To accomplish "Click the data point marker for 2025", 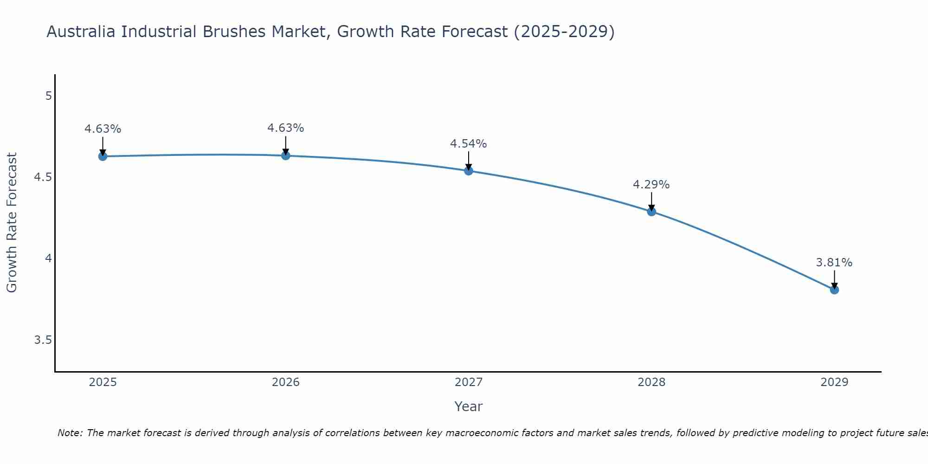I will [x=103, y=156].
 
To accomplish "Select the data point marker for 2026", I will [x=286, y=155].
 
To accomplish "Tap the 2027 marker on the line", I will [x=469, y=171].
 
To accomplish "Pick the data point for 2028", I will [x=651, y=212].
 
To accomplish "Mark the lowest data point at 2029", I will [x=834, y=290].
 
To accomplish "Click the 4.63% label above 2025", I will [x=103, y=129].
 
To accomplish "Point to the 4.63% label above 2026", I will [x=286, y=128].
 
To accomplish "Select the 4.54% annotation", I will [x=469, y=144].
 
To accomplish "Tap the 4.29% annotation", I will [x=651, y=185].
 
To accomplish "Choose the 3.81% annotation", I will [x=834, y=263].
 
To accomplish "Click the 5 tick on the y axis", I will [x=48, y=96].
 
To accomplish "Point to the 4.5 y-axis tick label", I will [x=43, y=177].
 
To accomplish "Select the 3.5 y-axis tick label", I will [x=43, y=340].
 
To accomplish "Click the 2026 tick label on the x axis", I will [x=286, y=382].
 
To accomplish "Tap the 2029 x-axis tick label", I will [x=834, y=382].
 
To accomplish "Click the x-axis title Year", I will [x=469, y=406].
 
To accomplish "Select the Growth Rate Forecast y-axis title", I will [x=12, y=223].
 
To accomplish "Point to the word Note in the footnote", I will [x=69, y=433].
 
